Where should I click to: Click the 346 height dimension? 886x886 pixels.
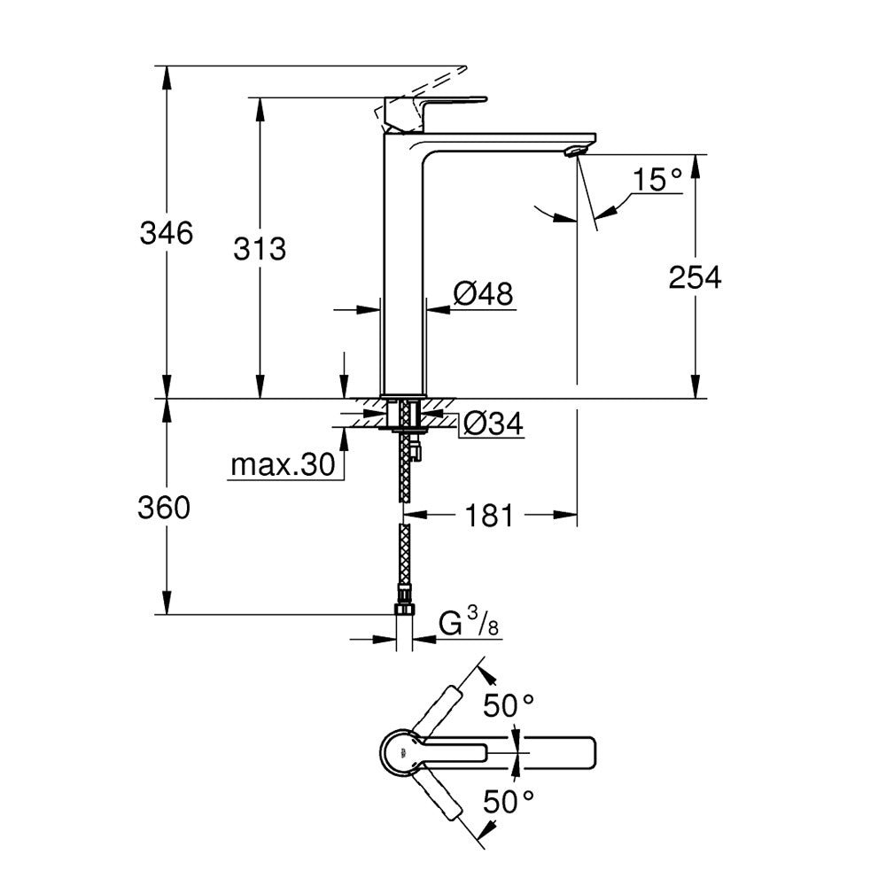pos(166,234)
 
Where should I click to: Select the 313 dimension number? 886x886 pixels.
pos(260,249)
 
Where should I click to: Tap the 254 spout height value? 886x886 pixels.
pos(695,277)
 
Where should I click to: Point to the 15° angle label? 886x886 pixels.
pos(657,181)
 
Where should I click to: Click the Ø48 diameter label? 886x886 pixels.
pos(483,293)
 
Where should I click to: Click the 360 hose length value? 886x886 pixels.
pos(165,508)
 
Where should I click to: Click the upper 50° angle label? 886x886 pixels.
pos(509,706)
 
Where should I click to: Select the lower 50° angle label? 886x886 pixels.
pos(509,803)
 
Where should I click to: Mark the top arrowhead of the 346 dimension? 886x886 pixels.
pos(166,74)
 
